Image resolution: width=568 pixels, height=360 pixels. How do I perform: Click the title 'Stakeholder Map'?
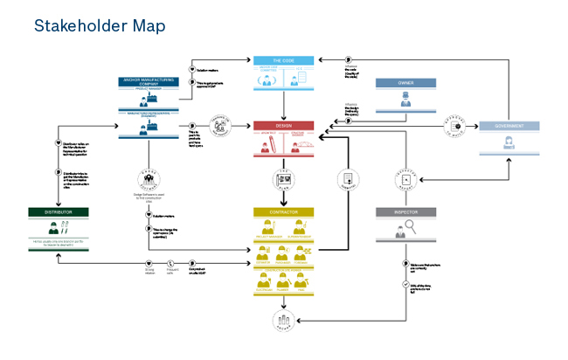click(x=99, y=26)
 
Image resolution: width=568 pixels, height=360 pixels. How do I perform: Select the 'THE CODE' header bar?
click(x=282, y=61)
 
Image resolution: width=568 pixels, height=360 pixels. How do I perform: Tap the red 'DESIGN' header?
click(x=282, y=126)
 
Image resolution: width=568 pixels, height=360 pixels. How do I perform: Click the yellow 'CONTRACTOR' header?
click(x=282, y=212)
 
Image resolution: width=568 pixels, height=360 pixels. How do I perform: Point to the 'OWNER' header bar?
click(x=405, y=84)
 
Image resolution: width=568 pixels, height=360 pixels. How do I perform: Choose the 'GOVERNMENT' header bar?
click(x=508, y=126)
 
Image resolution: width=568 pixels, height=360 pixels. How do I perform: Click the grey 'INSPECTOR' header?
click(x=405, y=212)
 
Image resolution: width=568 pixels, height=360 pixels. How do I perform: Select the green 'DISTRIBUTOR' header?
click(x=58, y=212)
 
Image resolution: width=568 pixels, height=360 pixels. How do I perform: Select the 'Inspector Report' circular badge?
click(x=405, y=179)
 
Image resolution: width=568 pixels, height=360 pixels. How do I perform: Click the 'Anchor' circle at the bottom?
click(x=282, y=320)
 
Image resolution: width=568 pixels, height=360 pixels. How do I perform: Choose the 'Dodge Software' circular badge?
click(x=148, y=178)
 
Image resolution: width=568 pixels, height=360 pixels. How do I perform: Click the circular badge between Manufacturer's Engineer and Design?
click(x=217, y=126)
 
